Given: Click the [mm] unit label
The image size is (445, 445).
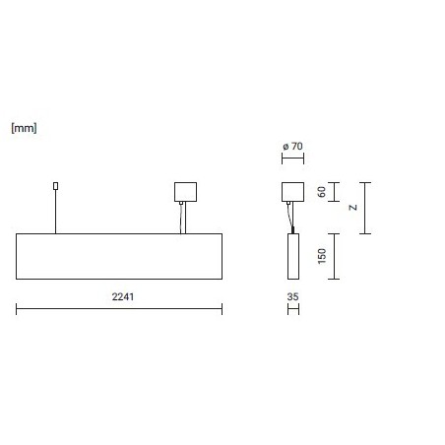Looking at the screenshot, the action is [x=24, y=128].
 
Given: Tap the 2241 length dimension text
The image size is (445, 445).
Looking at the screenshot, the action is [x=123, y=296].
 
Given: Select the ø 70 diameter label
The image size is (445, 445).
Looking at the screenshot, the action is [x=292, y=146].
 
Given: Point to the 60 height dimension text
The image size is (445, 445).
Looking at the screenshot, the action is [x=322, y=192].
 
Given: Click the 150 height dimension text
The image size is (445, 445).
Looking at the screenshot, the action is [x=322, y=256].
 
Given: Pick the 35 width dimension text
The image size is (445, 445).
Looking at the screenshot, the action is [x=292, y=296].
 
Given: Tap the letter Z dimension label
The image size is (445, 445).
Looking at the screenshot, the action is [x=353, y=208].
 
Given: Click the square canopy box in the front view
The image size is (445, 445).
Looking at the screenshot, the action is [x=185, y=192].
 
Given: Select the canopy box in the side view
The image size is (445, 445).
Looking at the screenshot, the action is [x=292, y=192].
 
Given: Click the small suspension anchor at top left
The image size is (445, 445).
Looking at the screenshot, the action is [x=56, y=186].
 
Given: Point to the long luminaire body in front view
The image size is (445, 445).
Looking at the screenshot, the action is [x=119, y=256].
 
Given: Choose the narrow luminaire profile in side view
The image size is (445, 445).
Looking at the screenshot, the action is [x=293, y=256].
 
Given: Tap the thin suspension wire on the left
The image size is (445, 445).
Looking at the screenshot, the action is [x=56, y=212].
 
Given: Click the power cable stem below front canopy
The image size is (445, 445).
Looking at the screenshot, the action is [x=183, y=218].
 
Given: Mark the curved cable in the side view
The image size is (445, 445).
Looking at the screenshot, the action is [x=290, y=217].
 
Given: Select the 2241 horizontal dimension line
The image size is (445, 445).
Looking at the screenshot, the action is [x=119, y=308].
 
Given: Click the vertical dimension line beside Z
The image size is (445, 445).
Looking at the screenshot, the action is [x=365, y=208].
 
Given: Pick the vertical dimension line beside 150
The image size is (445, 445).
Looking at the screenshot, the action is [x=334, y=256].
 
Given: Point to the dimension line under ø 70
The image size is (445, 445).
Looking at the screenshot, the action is [x=292, y=159].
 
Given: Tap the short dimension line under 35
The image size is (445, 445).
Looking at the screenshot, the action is [x=293, y=309].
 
